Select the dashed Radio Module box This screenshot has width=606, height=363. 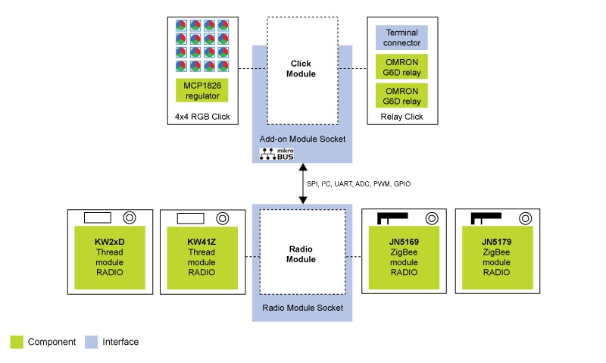[x=302, y=253]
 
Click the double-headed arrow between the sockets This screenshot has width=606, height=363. [x=303, y=183]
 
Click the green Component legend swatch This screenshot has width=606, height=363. [x=17, y=342]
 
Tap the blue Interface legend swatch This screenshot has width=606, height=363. [x=91, y=342]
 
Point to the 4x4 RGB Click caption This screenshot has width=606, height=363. [x=201, y=117]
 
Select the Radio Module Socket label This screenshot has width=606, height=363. [x=302, y=308]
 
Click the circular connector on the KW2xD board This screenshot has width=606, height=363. [x=130, y=217]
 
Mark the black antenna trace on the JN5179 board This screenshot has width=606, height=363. [x=485, y=217]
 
